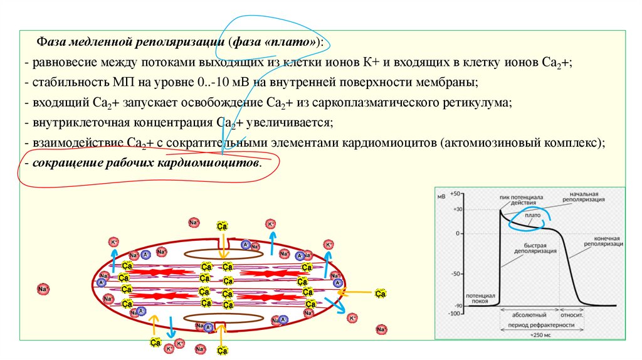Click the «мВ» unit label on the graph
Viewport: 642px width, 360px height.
[441, 196]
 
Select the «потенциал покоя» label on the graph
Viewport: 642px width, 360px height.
[480, 297]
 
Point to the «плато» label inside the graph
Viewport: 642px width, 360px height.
[533, 215]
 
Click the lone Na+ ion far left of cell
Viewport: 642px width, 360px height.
[43, 289]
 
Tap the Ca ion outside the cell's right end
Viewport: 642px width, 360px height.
[380, 293]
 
